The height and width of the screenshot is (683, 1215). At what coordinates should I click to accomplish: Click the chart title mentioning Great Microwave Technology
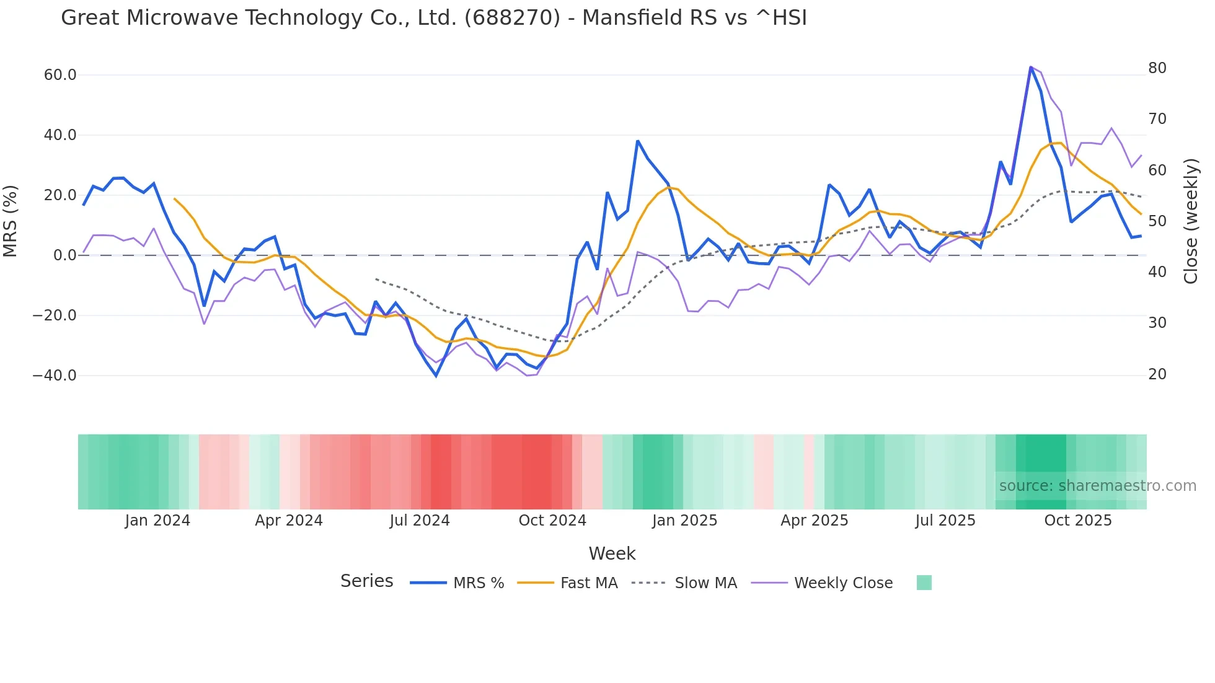434,18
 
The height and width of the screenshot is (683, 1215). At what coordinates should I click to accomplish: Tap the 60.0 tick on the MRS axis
60,75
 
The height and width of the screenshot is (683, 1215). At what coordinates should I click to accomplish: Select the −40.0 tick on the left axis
55,376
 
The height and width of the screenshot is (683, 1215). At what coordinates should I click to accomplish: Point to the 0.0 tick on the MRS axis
65,255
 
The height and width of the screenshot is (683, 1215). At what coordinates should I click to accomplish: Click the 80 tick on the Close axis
1157,68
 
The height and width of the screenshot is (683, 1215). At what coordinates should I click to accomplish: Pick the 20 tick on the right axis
1157,374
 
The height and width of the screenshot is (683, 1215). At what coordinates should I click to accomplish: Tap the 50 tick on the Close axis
1157,221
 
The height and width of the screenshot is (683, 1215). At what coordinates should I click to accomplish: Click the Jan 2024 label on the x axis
157,521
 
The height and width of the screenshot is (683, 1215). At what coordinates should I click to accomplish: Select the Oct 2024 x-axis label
552,521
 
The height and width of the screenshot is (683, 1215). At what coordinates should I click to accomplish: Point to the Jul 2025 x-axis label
945,521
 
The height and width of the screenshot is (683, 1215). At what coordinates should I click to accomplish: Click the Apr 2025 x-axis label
814,521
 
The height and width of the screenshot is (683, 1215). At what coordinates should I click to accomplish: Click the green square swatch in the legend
924,583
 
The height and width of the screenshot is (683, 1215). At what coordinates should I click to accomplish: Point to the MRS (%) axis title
11,221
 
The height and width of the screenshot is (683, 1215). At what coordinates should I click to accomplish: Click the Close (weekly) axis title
1191,221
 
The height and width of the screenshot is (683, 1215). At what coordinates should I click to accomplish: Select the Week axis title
612,553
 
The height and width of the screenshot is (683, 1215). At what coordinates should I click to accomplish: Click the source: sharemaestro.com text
1097,486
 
